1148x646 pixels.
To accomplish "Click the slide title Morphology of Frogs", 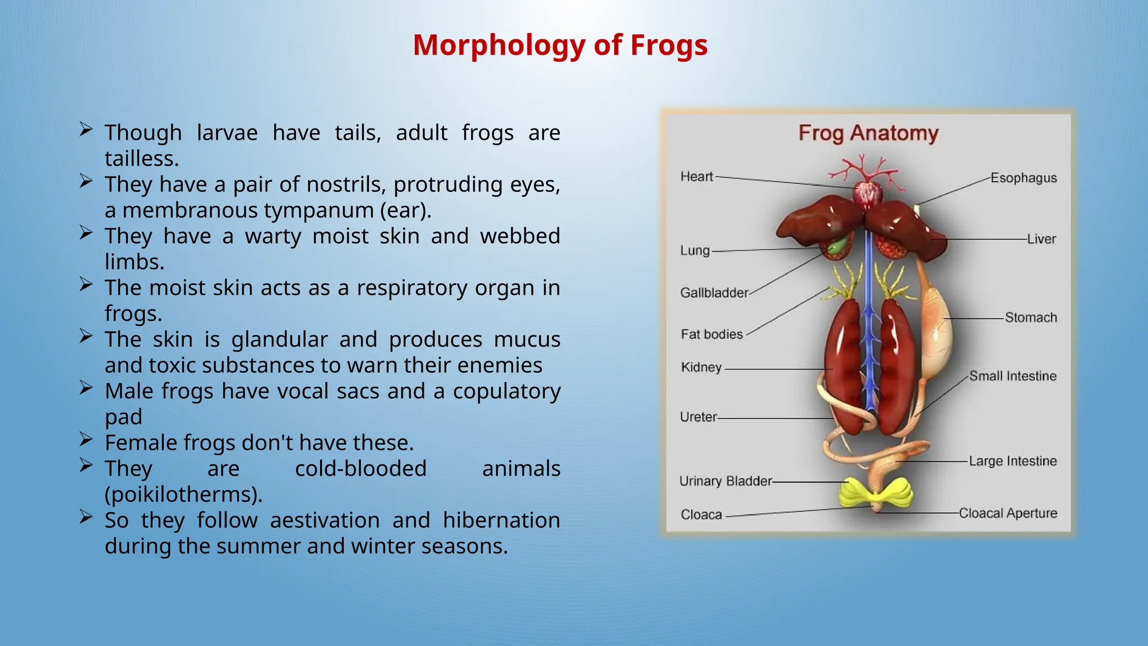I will coord(560,45).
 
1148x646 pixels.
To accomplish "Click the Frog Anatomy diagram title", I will coord(868,133).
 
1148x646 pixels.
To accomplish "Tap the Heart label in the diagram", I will coord(696,177).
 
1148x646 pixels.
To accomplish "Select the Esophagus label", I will coord(1023,178).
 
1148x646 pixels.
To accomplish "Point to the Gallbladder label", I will coord(714,293).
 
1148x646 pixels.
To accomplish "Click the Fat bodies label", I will coord(711,334).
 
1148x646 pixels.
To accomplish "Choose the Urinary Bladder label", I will coord(725,481).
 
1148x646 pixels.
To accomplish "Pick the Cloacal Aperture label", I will coord(1007,513).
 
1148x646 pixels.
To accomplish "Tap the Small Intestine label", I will coord(1012,376).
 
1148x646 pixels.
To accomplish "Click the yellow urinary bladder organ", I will coord(876,493).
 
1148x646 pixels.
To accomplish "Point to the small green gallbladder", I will coord(837,246).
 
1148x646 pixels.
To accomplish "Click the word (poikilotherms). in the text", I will coord(183,495).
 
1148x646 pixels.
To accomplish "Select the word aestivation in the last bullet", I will coord(325,520).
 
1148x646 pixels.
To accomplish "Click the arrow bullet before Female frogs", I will coord(86,439).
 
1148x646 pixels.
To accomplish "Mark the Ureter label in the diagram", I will coord(698,417).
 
